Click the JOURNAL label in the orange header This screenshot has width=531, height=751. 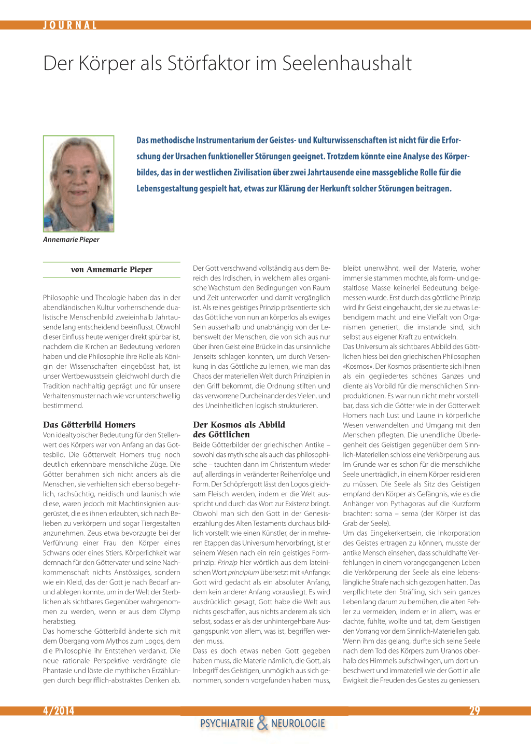[70, 25]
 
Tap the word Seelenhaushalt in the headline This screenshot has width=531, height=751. [346, 63]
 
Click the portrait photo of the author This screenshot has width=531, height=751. [78, 184]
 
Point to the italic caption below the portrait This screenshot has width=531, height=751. [71, 240]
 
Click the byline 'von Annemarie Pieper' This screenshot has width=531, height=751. [111, 270]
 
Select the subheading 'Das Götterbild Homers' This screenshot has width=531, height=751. [89, 425]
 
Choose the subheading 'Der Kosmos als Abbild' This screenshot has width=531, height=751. [239, 425]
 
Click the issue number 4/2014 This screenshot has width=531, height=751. [59, 711]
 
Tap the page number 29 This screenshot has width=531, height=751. [474, 711]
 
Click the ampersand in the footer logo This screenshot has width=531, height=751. [262, 722]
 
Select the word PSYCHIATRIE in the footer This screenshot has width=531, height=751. [227, 724]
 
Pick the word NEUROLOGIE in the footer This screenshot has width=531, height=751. [298, 724]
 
